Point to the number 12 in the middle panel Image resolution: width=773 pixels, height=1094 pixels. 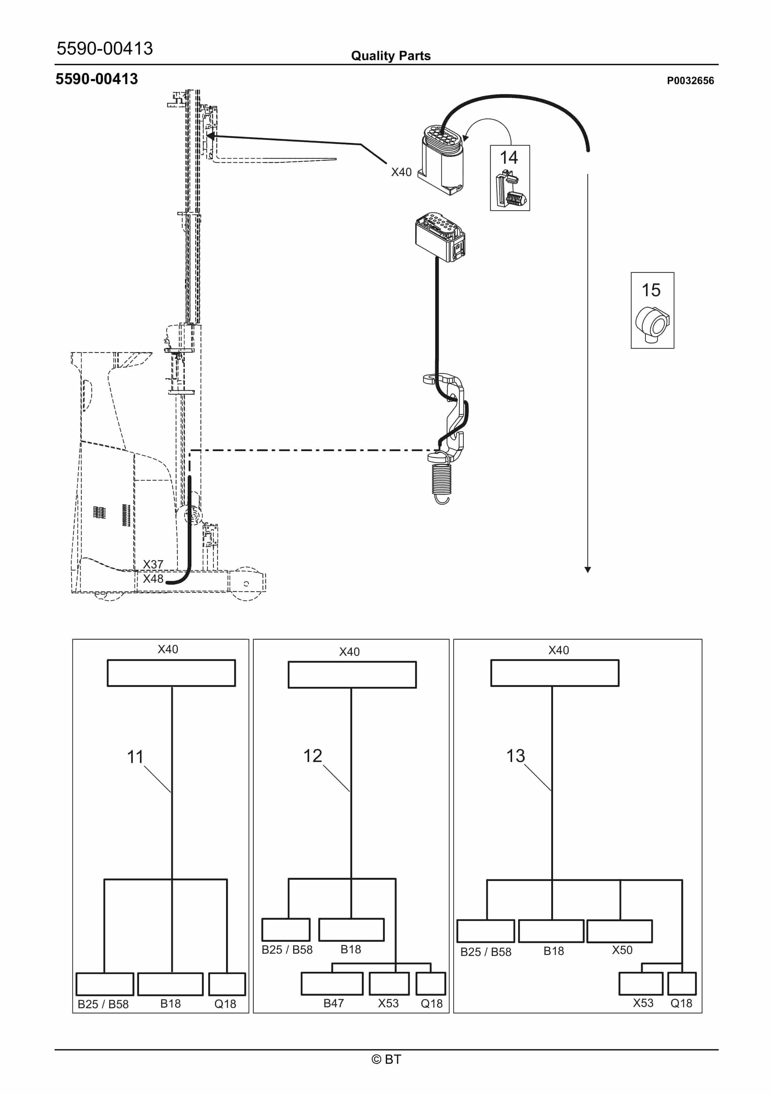tap(313, 756)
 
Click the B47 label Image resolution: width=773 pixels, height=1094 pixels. tap(334, 1003)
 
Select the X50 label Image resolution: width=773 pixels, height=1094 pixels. tap(622, 950)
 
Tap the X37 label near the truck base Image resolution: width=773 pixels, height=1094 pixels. tap(153, 564)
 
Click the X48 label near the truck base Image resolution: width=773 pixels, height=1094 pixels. tap(153, 579)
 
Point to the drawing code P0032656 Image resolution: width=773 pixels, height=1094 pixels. tap(690, 81)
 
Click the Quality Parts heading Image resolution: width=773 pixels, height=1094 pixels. tap(391, 56)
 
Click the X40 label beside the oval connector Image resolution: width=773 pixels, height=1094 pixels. tap(401, 172)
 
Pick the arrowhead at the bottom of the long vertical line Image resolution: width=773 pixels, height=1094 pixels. tap(588, 570)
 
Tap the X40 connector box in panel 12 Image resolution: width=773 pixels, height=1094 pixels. tap(352, 675)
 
